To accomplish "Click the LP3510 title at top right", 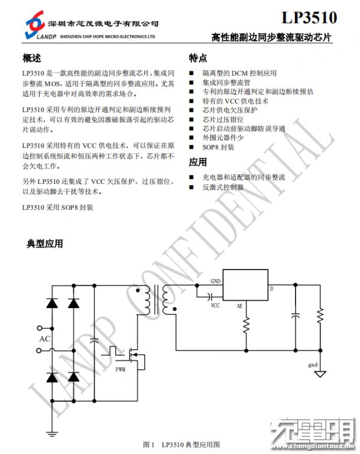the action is click(309, 18).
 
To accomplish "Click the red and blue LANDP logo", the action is click(34, 25).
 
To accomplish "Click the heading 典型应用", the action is click(44, 244).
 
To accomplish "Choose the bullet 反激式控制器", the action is click(223, 187).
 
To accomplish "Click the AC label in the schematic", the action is click(44, 339).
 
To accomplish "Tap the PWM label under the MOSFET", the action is click(121, 369).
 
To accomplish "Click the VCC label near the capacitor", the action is click(216, 306).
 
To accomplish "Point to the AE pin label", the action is click(239, 306).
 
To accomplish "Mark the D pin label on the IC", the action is click(271, 289).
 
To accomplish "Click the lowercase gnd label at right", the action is click(313, 365).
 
